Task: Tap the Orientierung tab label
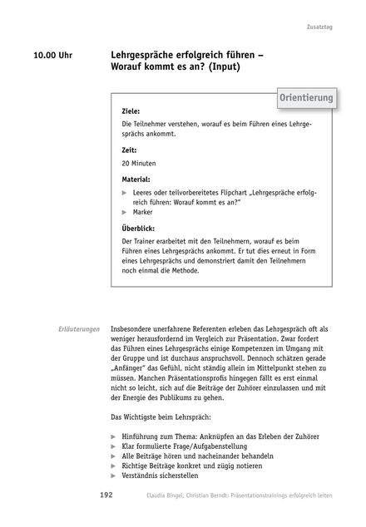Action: tap(306, 98)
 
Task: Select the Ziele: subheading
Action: tap(131, 111)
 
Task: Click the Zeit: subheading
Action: tap(129, 150)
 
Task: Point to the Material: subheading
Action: tap(136, 179)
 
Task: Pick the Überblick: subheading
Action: tap(138, 228)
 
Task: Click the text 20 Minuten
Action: tap(139, 164)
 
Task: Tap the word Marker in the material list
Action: tap(143, 212)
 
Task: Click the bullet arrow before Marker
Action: tap(125, 212)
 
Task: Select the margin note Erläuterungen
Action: tap(80, 328)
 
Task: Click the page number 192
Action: tap(106, 495)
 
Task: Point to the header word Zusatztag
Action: tap(319, 27)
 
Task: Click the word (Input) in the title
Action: tap(219, 66)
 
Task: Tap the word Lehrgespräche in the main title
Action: tap(146, 54)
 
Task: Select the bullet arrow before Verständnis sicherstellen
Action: tap(113, 476)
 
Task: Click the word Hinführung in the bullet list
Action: tap(141, 436)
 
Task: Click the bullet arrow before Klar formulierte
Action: tap(113, 446)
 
